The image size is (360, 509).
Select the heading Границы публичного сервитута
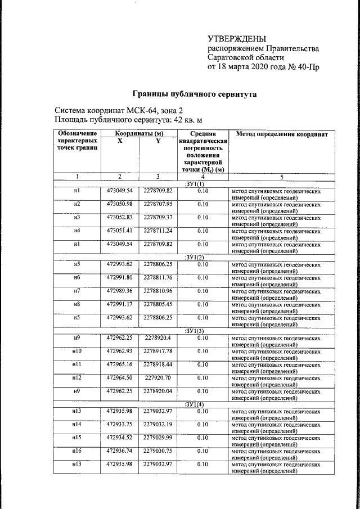(194, 94)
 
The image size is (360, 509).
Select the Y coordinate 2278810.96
(158, 290)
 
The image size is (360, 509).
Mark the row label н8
(77, 304)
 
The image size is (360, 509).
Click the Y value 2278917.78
(158, 352)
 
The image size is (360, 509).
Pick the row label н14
(77, 424)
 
